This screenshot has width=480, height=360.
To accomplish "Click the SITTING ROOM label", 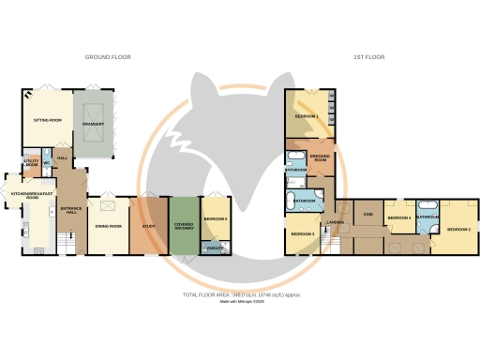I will tap(48, 121).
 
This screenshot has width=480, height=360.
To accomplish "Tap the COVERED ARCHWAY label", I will tap(185, 227).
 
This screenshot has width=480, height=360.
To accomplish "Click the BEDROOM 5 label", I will tap(217, 218).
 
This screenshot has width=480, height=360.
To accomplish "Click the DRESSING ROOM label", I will tap(321, 158).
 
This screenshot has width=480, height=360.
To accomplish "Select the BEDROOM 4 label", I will tap(399, 217).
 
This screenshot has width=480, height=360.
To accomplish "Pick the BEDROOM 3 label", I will tap(302, 233).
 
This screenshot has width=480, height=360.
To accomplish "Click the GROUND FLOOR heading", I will tap(108, 57).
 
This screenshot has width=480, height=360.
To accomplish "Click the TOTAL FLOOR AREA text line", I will tap(241, 295).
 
